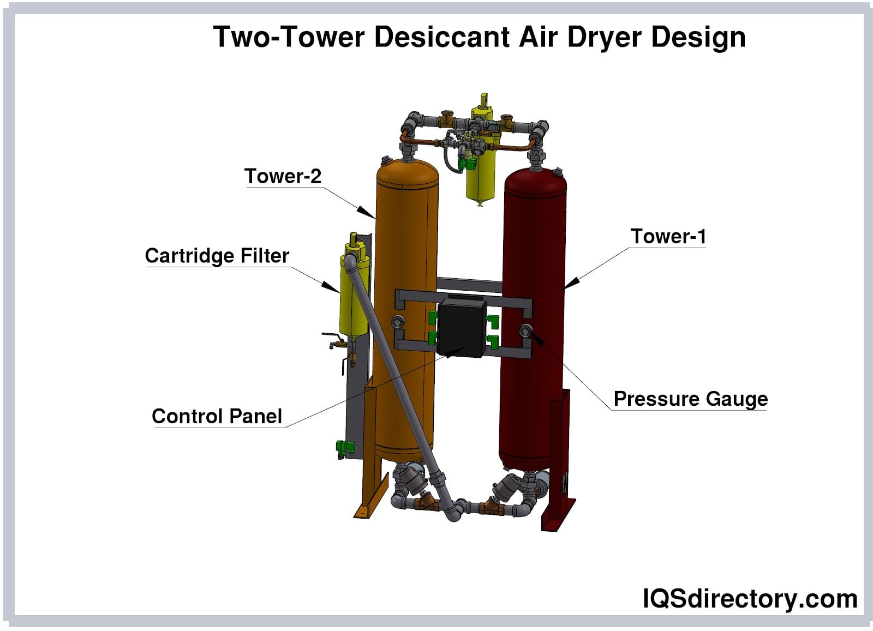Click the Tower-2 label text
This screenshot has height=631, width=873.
[283, 176]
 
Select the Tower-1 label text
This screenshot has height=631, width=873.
[668, 236]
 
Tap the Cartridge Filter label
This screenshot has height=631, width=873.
[217, 255]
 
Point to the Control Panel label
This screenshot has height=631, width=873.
[217, 416]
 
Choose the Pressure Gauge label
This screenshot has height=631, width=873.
[690, 399]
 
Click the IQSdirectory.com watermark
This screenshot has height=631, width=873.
[750, 598]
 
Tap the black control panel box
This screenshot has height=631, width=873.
[462, 327]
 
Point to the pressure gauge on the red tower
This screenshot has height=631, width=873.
[525, 330]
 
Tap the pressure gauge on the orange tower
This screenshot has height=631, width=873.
[399, 322]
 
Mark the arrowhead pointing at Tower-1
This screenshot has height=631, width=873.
[571, 283]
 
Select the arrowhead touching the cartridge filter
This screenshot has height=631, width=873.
[330, 286]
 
